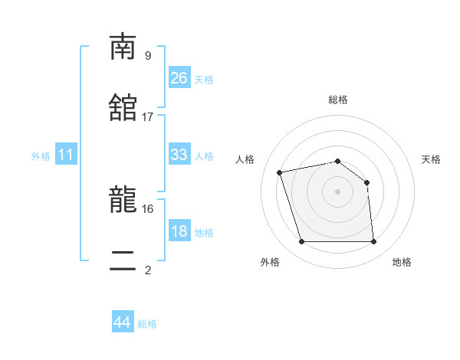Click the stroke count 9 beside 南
coord(148,55)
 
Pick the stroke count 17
coord(148,116)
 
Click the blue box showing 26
coord(179,78)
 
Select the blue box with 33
coord(179,155)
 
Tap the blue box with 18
coord(179,231)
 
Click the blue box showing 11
coord(66,155)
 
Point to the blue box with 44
coord(122,322)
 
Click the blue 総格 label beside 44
coord(148,324)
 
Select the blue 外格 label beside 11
coord(41,156)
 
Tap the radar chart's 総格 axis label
coord(338,100)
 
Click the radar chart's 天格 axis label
coord(432,159)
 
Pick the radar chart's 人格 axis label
coord(246,159)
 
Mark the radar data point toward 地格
coord(373,242)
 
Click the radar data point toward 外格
coord(301,242)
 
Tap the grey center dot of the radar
coord(337,191)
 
